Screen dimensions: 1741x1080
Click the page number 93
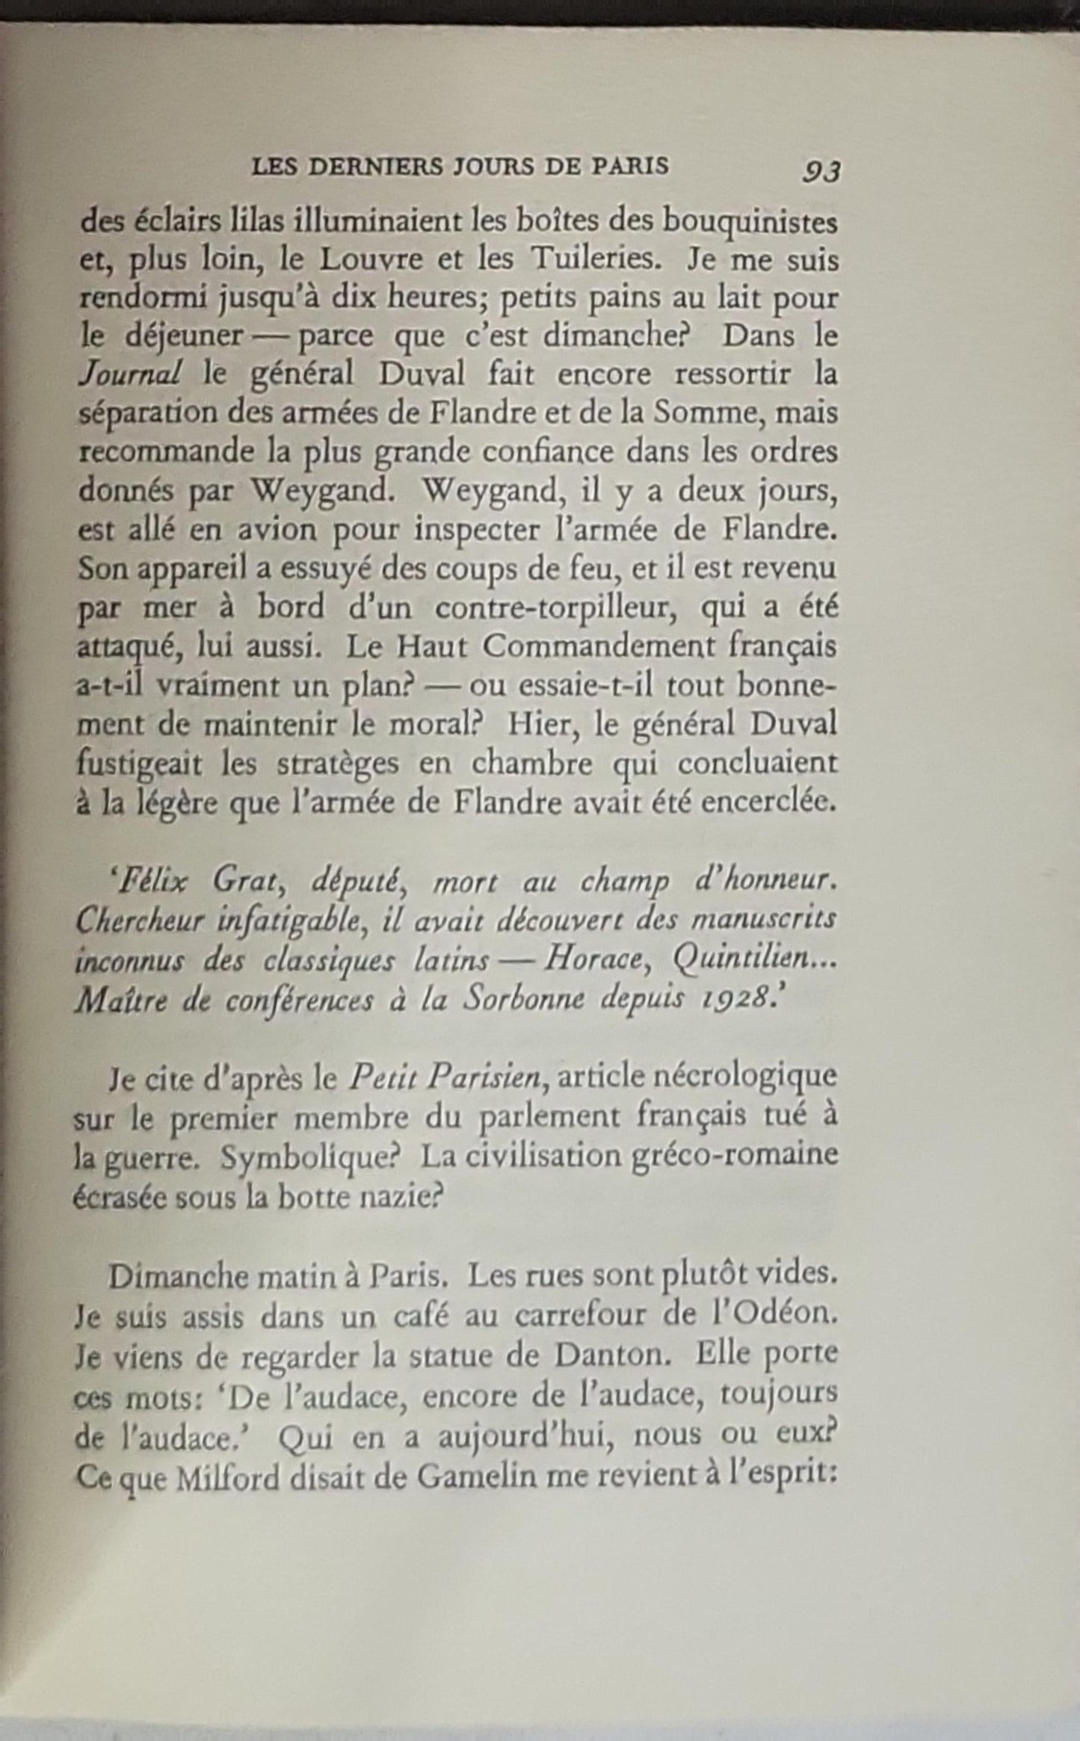coord(821,172)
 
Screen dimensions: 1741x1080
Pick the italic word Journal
coord(129,374)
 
